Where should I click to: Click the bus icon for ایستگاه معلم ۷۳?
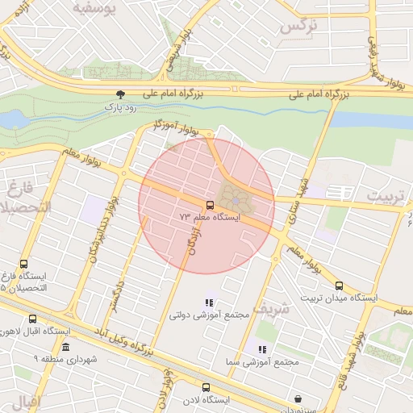click(210, 206)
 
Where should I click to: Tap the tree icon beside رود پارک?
click(121, 94)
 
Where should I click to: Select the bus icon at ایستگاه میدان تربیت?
click(339, 286)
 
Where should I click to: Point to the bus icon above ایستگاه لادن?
click(206, 388)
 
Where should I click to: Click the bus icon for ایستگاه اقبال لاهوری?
click(32, 319)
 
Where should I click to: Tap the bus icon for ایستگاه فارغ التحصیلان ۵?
click(23, 264)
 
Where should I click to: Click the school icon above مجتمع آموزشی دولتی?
click(210, 303)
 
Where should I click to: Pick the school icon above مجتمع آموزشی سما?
click(262, 349)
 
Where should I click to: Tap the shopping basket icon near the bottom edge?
click(298, 398)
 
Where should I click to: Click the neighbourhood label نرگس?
click(298, 26)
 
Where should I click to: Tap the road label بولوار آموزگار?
click(176, 127)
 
